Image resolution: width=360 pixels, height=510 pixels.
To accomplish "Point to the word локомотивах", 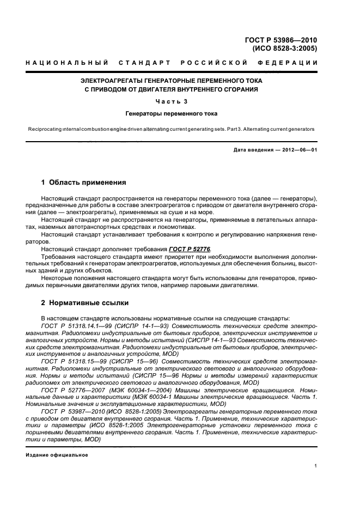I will pyautogui.click(x=167, y=226).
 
